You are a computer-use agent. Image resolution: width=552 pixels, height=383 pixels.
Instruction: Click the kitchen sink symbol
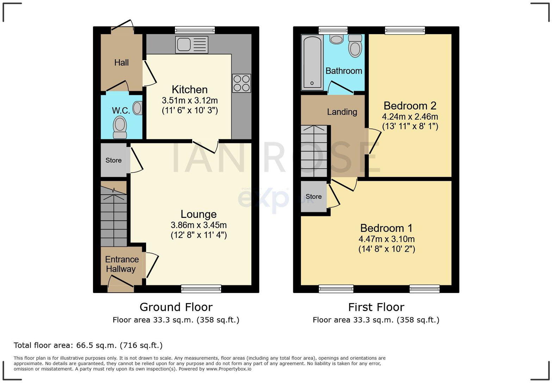click(192, 45)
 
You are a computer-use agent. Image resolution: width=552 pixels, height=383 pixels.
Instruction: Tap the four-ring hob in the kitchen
click(241, 83)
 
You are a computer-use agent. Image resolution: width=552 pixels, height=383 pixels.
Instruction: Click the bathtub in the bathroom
click(312, 62)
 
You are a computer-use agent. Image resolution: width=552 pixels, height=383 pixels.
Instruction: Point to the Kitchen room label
click(189, 89)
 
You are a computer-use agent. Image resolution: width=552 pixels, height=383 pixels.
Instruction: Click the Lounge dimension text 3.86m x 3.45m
click(199, 225)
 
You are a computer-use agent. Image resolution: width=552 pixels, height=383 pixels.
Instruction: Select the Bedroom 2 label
click(410, 106)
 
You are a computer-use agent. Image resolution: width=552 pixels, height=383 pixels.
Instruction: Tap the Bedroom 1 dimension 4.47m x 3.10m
click(387, 239)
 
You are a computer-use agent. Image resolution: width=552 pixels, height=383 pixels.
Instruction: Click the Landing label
click(342, 112)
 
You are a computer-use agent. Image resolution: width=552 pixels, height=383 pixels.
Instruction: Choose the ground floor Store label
click(113, 160)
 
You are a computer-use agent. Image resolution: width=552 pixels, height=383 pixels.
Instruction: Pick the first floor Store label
click(313, 196)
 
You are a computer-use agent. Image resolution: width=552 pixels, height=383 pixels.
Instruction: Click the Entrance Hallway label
click(122, 264)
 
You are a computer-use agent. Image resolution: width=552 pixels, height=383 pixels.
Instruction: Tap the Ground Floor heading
click(176, 307)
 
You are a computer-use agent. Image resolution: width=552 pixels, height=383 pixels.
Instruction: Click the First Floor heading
click(376, 307)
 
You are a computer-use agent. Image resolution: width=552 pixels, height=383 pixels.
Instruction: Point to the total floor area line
click(88, 345)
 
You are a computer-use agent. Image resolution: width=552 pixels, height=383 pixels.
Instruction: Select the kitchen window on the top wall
click(195, 30)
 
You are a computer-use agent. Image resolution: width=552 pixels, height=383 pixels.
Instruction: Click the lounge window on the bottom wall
click(201, 289)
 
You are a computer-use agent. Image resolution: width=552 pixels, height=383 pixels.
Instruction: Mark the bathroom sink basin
click(337, 39)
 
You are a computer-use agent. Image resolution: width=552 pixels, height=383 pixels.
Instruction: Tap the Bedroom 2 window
click(405, 30)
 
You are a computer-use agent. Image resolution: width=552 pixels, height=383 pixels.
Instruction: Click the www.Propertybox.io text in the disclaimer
click(229, 369)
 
